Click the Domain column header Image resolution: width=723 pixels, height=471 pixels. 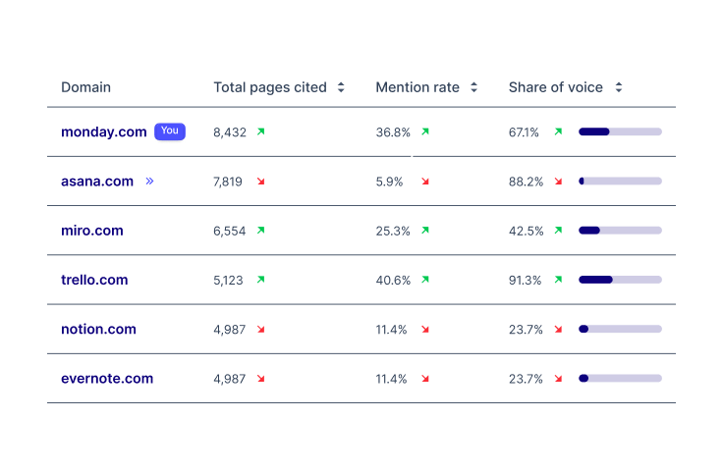point(85,87)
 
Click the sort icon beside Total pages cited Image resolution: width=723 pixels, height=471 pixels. point(341,87)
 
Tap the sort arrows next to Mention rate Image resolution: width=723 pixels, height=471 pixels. point(473,87)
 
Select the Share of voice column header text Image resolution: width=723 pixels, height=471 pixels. point(555,87)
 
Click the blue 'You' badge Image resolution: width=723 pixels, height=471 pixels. point(170,131)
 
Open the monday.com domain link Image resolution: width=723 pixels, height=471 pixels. point(103,132)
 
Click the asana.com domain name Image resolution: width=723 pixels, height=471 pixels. point(97,182)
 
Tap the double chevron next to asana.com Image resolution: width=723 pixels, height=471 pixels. point(149,182)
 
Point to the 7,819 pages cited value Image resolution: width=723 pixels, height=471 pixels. point(228,182)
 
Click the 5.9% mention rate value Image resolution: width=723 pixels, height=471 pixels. point(390,182)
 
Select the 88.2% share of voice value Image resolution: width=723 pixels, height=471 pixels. point(526,182)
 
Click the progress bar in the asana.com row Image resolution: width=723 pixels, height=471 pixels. point(620,182)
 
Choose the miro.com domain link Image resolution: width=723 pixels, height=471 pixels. point(92,231)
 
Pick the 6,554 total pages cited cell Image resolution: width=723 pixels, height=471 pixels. point(230,231)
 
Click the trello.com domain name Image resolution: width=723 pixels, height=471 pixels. point(94,280)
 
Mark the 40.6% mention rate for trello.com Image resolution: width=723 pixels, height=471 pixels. point(393,280)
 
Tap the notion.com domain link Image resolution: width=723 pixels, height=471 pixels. point(98,329)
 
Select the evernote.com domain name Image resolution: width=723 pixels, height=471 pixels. point(107,378)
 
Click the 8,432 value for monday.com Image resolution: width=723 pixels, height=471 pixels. point(230,132)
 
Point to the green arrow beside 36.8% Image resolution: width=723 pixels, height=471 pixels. point(425,131)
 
